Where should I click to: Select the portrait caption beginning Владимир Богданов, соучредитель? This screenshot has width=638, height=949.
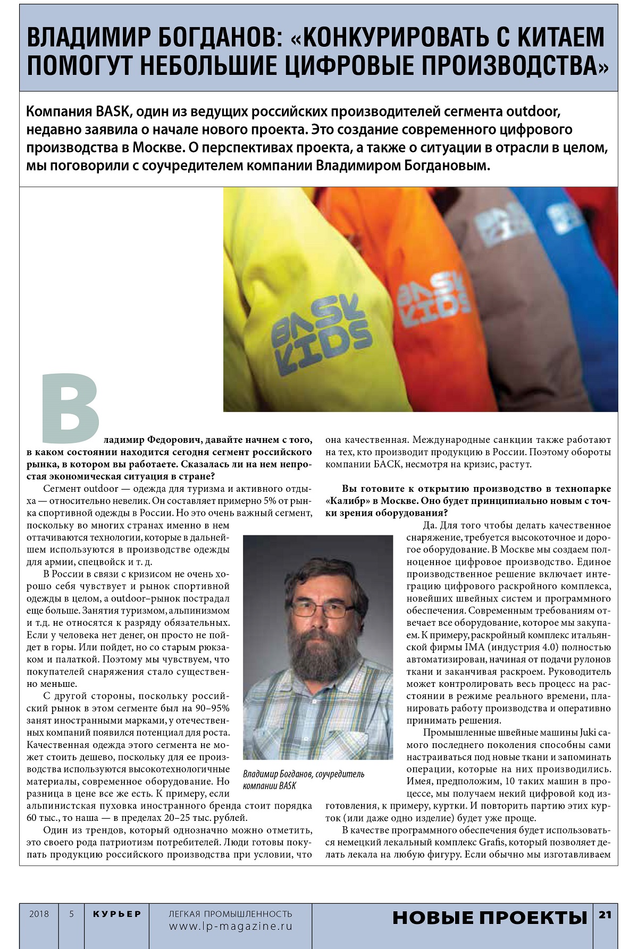tap(304, 779)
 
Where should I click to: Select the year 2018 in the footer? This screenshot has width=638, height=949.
tap(39, 914)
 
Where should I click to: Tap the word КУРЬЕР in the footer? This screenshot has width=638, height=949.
tap(117, 914)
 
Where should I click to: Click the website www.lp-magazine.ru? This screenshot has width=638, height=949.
tap(231, 926)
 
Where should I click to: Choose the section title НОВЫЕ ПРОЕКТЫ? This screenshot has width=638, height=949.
tap(490, 918)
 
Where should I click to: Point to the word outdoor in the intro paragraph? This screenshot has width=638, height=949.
tap(532, 112)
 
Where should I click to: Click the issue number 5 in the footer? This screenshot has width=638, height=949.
tap(71, 914)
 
